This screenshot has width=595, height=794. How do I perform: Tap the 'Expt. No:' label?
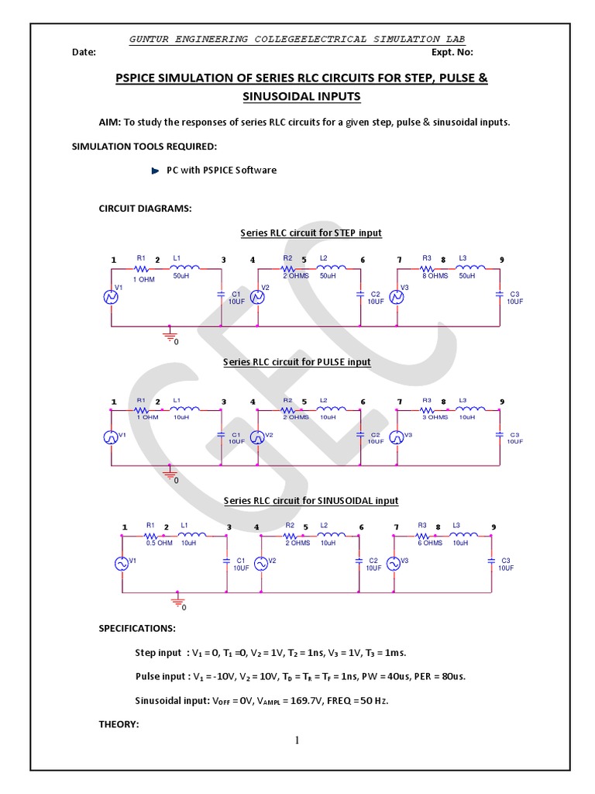click(x=452, y=53)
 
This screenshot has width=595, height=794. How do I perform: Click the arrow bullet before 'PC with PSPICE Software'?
click(x=155, y=171)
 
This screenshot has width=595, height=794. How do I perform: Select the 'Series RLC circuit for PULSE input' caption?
click(x=297, y=362)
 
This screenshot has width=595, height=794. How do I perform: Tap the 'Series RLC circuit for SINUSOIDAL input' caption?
click(x=311, y=501)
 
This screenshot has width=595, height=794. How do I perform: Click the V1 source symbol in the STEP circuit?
click(x=111, y=295)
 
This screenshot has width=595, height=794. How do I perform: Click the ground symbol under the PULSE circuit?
click(x=170, y=473)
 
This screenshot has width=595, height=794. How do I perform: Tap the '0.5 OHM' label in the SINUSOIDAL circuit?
click(x=159, y=543)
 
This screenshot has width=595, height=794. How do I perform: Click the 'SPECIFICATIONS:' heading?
click(x=136, y=628)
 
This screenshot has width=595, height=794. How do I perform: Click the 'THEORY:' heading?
click(x=118, y=724)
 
